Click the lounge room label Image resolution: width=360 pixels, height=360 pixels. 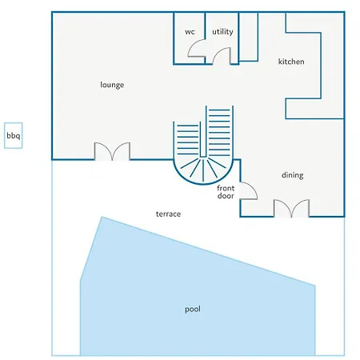(x=112, y=85)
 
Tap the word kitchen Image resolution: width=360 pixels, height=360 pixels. (x=291, y=62)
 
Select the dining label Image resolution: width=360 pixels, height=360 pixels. (x=293, y=175)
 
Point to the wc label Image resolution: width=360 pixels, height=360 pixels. (x=190, y=32)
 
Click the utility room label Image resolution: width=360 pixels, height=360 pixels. (x=222, y=32)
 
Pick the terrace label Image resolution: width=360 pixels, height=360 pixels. (x=168, y=214)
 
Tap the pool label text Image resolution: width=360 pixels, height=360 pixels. (x=193, y=310)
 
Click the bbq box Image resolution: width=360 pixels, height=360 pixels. (x=13, y=135)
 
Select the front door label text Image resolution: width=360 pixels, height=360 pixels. (x=226, y=192)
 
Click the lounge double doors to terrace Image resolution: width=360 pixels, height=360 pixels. (x=112, y=151)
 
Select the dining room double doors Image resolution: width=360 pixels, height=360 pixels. (x=291, y=208)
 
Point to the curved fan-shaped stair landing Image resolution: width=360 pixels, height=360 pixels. (x=203, y=170)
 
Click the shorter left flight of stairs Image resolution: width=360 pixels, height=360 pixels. (x=188, y=140)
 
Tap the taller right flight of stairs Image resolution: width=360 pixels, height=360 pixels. (x=219, y=132)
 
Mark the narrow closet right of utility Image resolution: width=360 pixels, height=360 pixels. (x=248, y=37)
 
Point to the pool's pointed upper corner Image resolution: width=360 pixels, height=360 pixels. (x=102, y=217)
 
